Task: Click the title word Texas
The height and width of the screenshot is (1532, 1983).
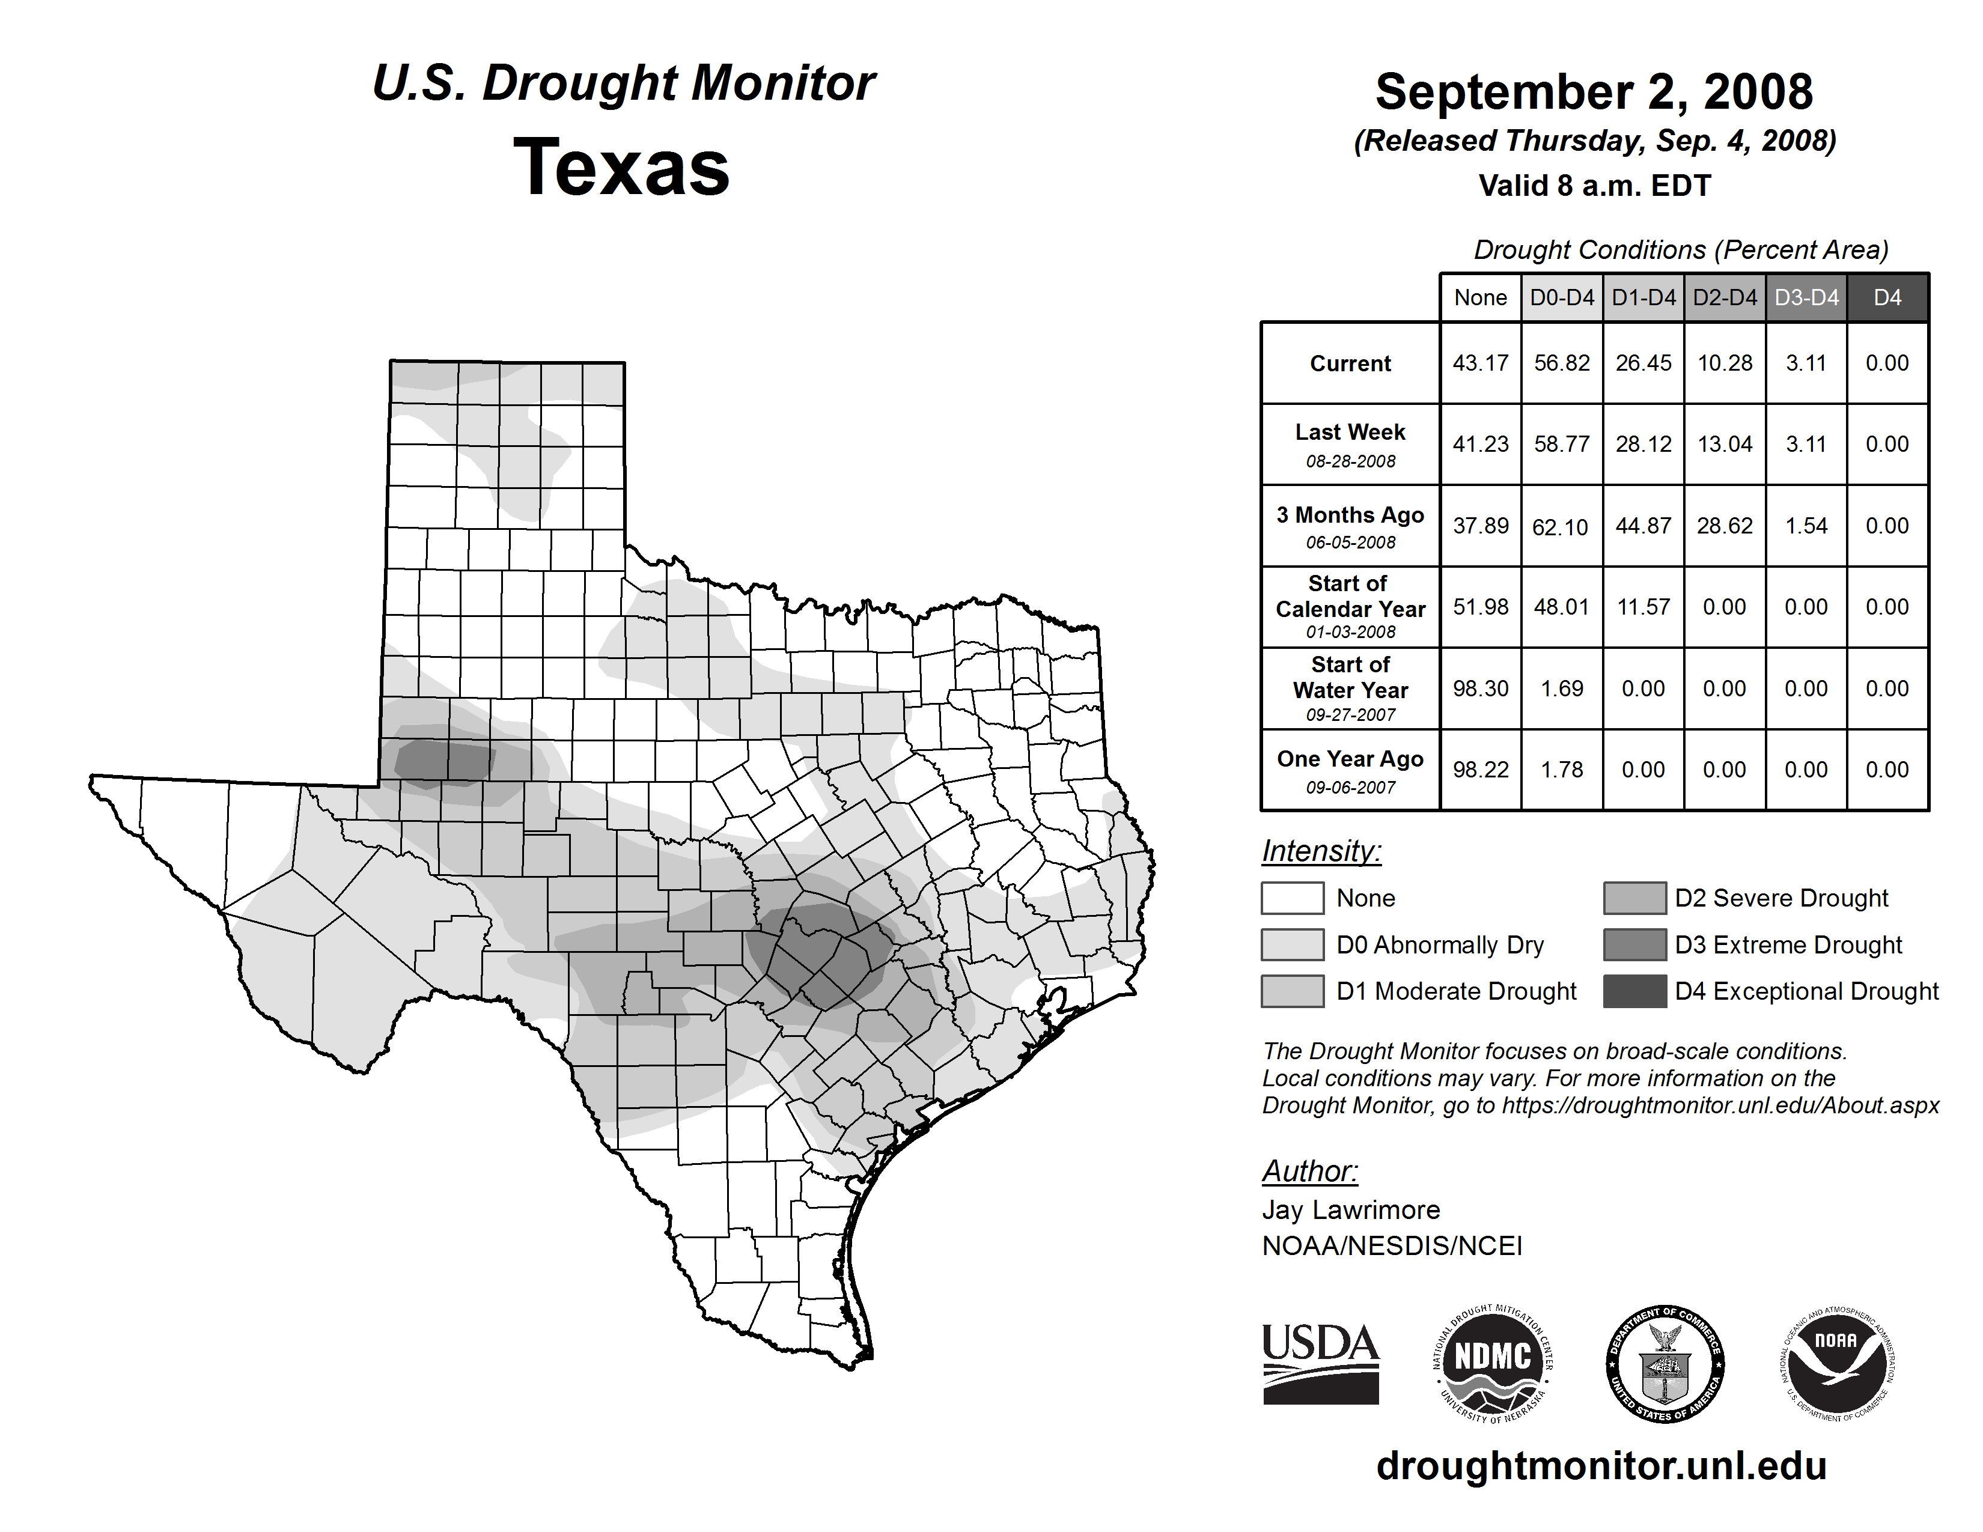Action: [621, 168]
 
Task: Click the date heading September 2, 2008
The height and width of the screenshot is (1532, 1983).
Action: [1594, 93]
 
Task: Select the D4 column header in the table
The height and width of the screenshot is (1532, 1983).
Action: [1887, 297]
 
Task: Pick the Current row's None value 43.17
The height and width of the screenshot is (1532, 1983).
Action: [1480, 363]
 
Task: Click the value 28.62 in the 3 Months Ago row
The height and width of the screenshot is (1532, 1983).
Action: [1724, 526]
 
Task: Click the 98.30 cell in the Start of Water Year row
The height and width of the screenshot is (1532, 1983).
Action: [1480, 689]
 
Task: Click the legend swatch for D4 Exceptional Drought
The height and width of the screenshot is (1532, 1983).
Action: [1634, 991]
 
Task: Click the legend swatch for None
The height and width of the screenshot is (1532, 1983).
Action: [1292, 898]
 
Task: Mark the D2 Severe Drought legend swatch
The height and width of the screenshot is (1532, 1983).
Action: [1634, 898]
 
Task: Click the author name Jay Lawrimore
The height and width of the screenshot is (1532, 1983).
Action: [1350, 1210]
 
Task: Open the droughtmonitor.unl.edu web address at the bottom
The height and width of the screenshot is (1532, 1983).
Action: [1601, 1466]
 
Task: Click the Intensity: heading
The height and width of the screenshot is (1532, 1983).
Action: [1321, 851]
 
